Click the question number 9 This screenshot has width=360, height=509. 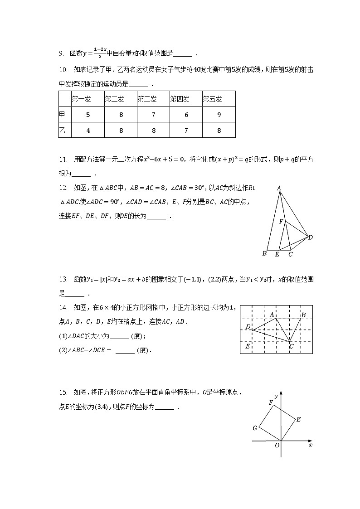click(61, 54)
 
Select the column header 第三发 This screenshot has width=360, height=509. click(147, 99)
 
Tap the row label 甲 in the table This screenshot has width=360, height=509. click(62, 115)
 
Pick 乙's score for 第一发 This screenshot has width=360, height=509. click(88, 131)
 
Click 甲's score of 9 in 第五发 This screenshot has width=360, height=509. click(219, 115)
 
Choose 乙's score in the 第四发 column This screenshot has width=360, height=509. click(186, 131)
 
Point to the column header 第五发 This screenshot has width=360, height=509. click(212, 99)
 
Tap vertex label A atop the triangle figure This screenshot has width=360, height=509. click(279, 188)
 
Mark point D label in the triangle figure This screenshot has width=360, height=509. click(311, 237)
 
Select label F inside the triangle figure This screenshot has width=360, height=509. click(281, 222)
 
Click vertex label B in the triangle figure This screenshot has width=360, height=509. click(264, 253)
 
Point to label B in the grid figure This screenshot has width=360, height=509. click(303, 315)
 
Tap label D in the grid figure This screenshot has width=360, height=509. click(248, 327)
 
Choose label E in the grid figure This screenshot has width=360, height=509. click(248, 346)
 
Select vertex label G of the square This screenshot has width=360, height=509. click(255, 428)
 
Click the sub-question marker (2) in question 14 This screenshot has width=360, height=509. click(63, 350)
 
